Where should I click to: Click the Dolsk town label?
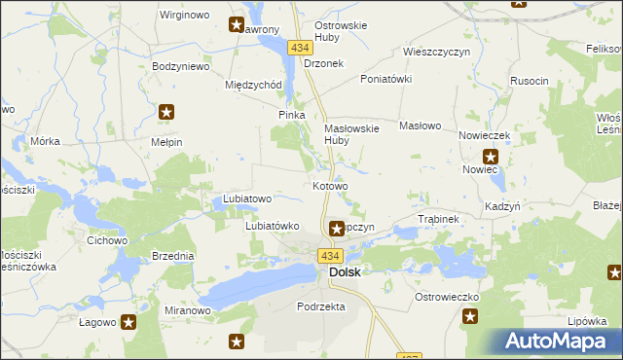click(345, 272)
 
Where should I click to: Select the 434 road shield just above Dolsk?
click(329, 255)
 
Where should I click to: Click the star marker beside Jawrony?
click(237, 24)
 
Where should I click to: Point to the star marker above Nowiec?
click(491, 156)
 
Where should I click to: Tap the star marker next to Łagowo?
click(128, 322)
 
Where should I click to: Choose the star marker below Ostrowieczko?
click(470, 315)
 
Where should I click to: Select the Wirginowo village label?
click(185, 16)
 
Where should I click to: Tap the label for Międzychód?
click(253, 85)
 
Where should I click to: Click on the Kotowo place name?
click(330, 186)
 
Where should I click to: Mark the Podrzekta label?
click(320, 306)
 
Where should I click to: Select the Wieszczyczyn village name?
click(436, 53)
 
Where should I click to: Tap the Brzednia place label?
click(172, 256)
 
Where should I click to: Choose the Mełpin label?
click(166, 142)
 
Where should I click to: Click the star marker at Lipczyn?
click(335, 228)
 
